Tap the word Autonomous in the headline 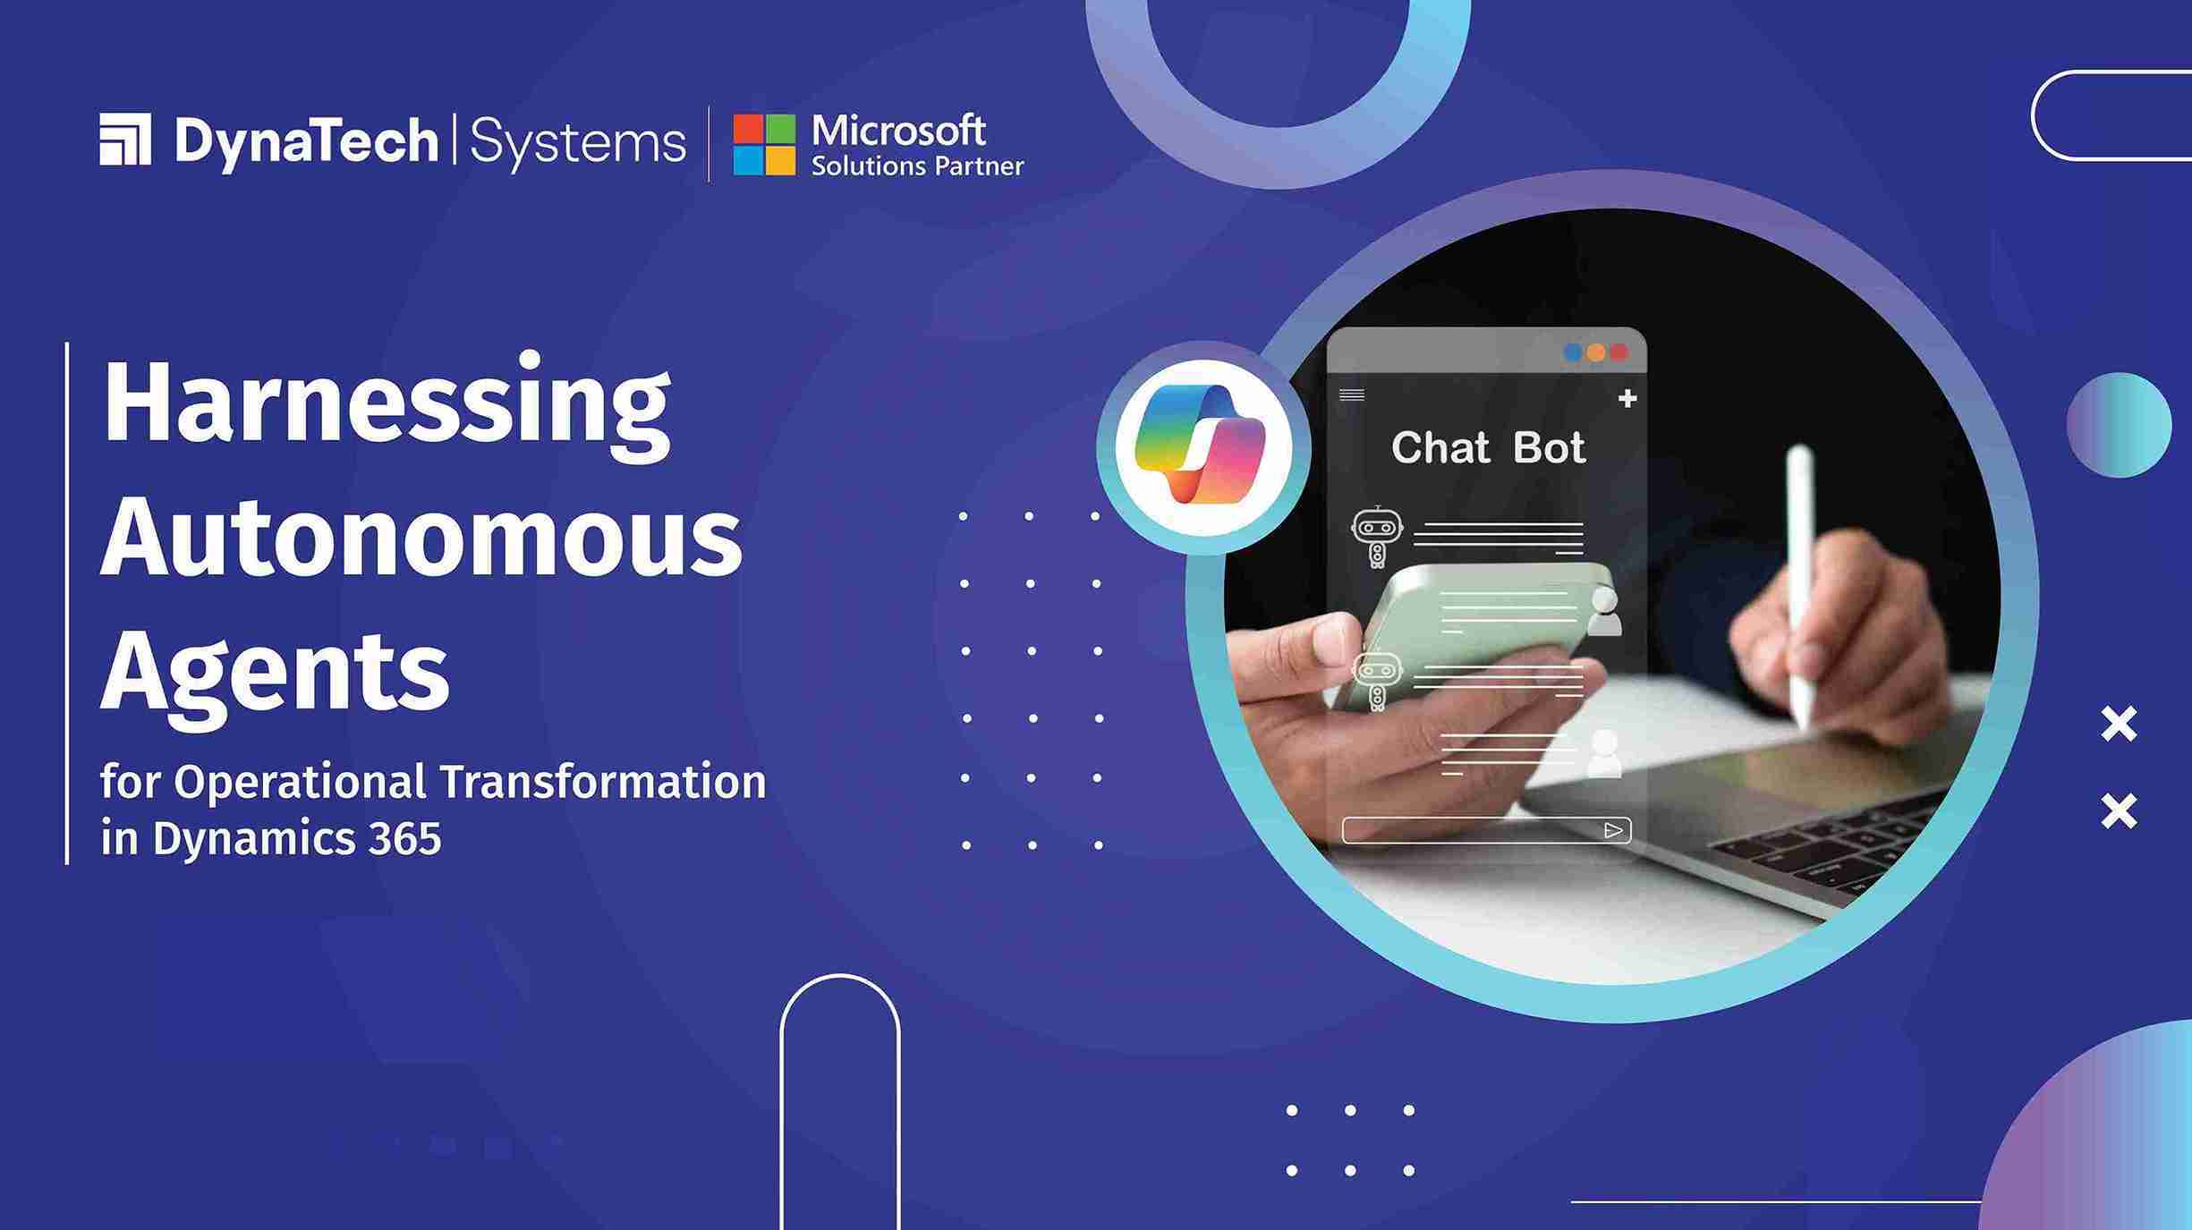[x=421, y=539]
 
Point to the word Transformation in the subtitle [x=603, y=782]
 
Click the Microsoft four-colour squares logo [x=764, y=144]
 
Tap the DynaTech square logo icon [x=125, y=140]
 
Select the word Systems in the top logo [x=577, y=142]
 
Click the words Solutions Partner [x=917, y=166]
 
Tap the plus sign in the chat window [x=1627, y=399]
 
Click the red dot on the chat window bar [x=1619, y=352]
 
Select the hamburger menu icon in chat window [x=1351, y=395]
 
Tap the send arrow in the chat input [x=1613, y=831]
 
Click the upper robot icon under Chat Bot [x=1376, y=535]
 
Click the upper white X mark [x=2119, y=725]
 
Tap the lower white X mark [x=2119, y=811]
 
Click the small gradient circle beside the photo [x=2119, y=425]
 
